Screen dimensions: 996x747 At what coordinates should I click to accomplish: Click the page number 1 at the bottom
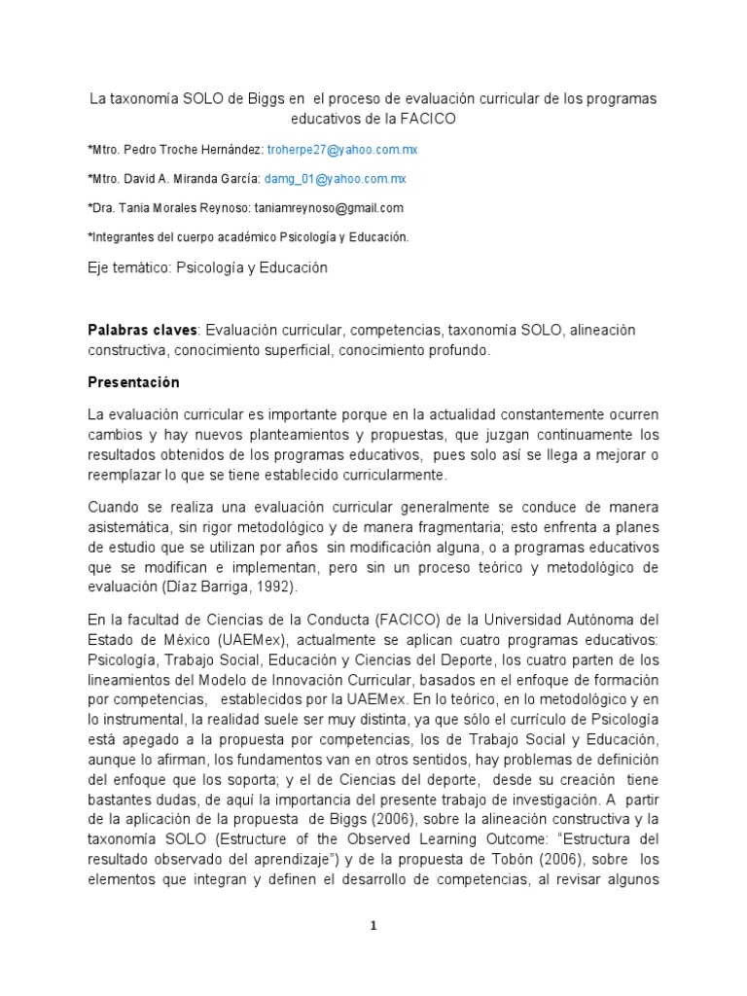click(x=373, y=925)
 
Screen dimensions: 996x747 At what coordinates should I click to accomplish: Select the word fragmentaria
click(x=417, y=528)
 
